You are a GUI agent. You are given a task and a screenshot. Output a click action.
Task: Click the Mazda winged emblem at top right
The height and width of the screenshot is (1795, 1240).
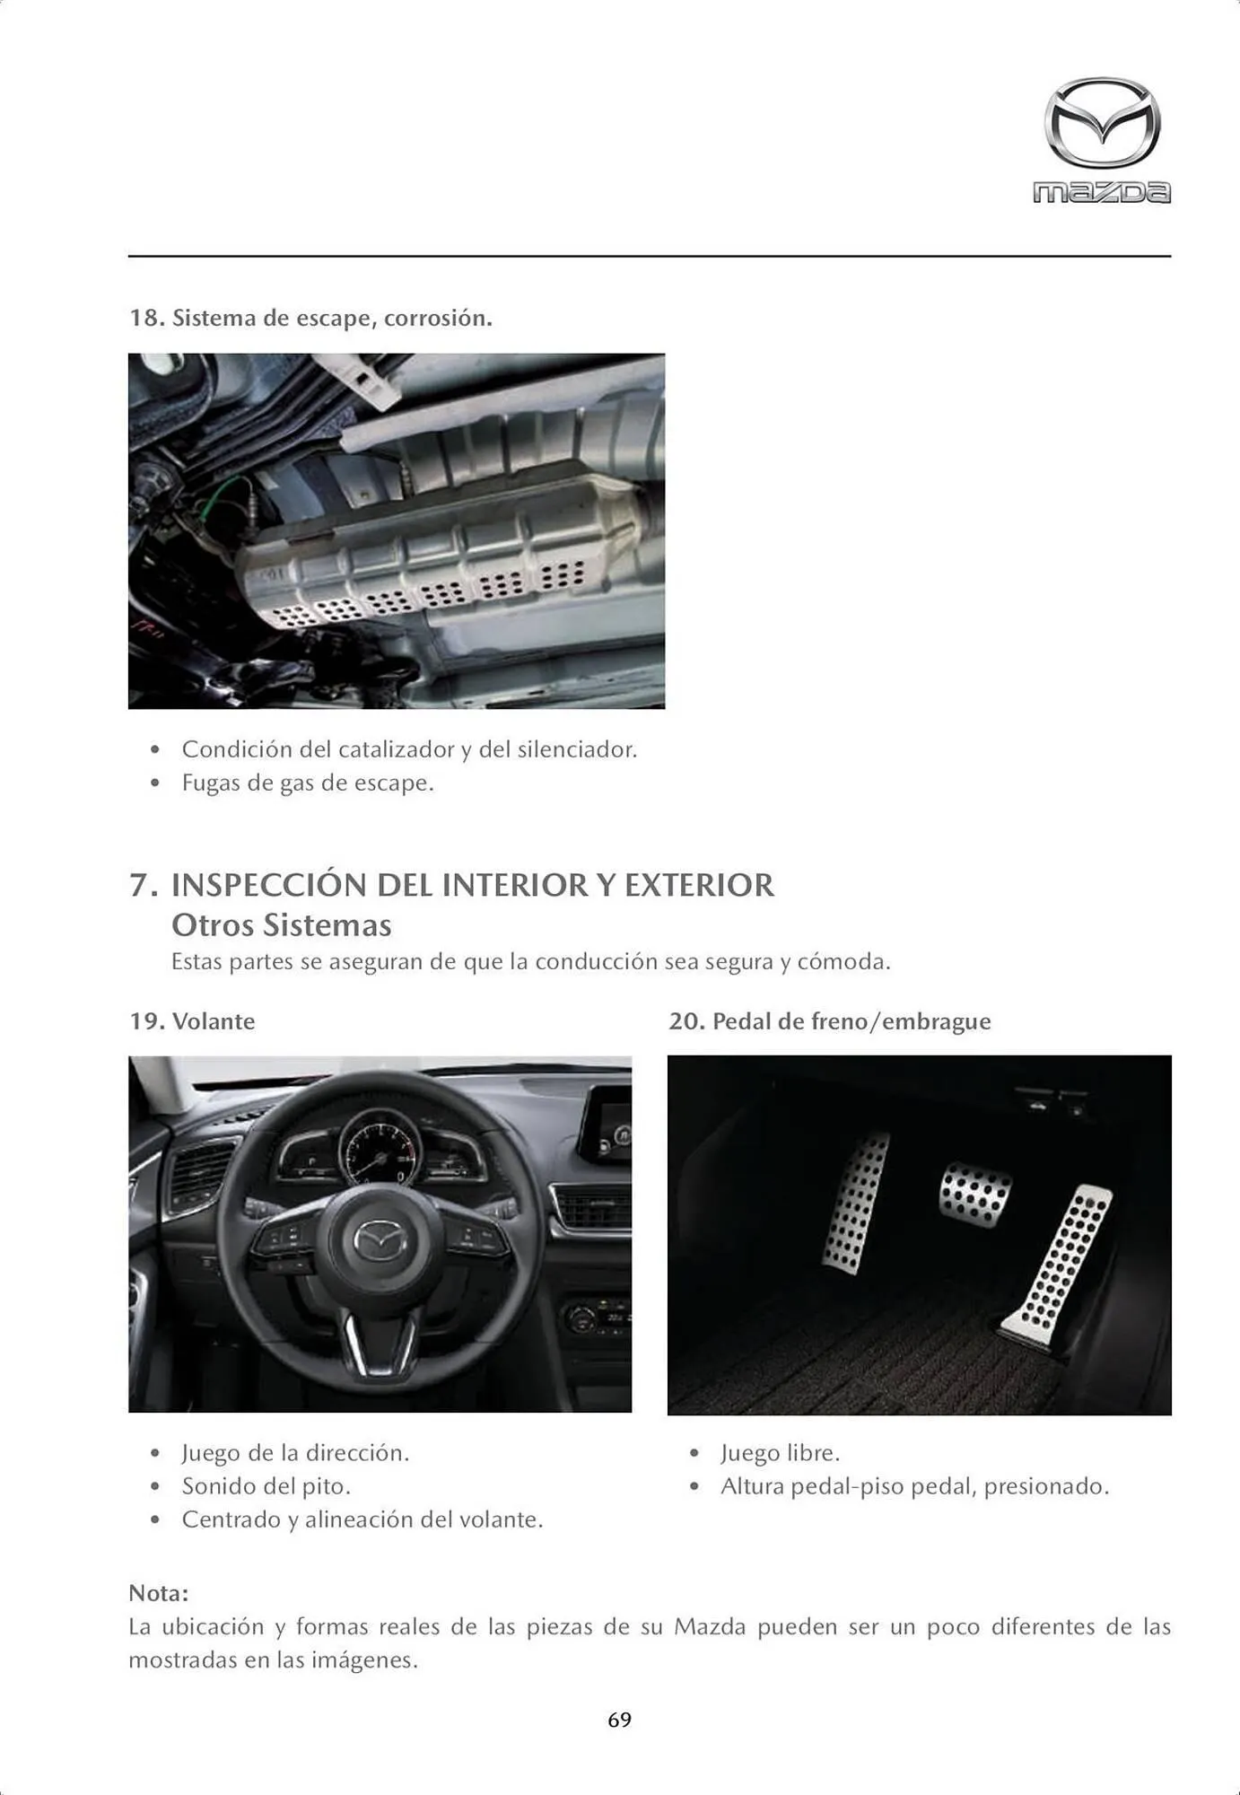(x=1102, y=123)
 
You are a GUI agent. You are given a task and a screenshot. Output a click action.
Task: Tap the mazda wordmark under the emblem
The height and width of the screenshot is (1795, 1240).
(x=1102, y=192)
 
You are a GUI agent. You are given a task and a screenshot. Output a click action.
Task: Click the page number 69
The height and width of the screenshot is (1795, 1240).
(x=619, y=1720)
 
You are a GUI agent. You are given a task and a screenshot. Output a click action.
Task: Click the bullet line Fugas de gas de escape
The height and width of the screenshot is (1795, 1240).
(x=308, y=783)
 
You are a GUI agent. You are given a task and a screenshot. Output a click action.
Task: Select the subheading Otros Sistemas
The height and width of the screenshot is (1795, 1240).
(x=281, y=925)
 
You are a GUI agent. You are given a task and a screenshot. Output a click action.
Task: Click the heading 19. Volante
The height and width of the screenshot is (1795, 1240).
(x=192, y=1021)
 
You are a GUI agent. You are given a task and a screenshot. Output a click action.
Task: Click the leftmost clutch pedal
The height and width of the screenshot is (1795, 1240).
(x=857, y=1202)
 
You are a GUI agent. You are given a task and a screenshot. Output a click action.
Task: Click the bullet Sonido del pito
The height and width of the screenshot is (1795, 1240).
(x=266, y=1486)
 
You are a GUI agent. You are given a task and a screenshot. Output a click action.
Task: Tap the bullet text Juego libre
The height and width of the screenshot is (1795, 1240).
(x=780, y=1453)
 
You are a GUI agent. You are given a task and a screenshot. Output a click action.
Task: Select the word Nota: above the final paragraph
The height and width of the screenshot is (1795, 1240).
(x=159, y=1593)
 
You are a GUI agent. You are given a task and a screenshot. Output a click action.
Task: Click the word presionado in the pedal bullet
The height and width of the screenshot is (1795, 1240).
(x=1046, y=1486)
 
